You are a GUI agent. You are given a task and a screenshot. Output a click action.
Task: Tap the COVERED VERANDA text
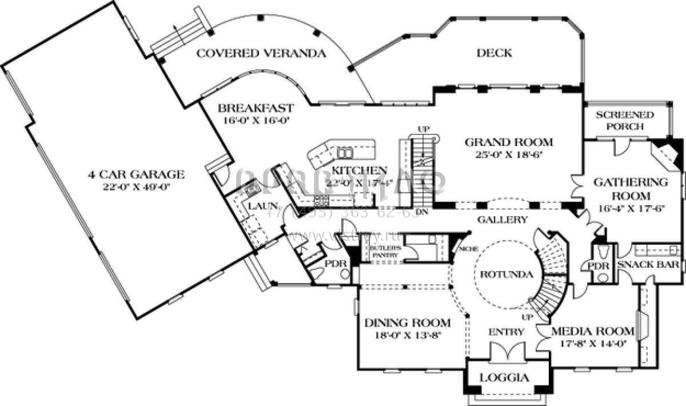[x=261, y=54]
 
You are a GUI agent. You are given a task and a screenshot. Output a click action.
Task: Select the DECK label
[x=494, y=53]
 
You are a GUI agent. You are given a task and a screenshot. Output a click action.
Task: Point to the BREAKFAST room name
[x=256, y=108]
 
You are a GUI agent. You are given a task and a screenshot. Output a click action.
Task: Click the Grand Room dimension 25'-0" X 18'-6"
[x=508, y=154]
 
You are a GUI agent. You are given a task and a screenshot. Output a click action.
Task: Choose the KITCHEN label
[x=359, y=170]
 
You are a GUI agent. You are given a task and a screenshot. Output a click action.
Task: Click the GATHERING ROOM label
[x=630, y=189]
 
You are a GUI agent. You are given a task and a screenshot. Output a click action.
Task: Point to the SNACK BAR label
[x=648, y=265]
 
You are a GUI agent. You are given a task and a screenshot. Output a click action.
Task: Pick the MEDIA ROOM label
[x=592, y=331]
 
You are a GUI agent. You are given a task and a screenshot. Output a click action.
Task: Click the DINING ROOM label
[x=407, y=323]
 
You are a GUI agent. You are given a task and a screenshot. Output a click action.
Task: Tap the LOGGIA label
[x=504, y=377]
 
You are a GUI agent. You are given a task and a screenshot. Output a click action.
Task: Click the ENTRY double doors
[x=505, y=350]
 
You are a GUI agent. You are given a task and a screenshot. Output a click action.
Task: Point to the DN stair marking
[x=422, y=212]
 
